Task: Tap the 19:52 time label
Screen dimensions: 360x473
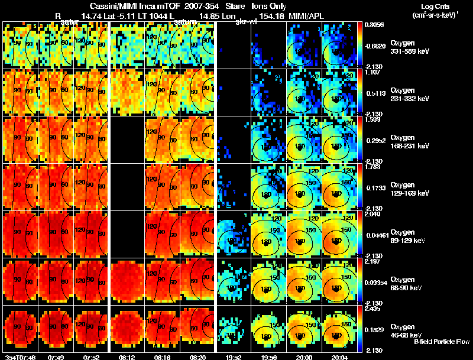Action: pos(233,356)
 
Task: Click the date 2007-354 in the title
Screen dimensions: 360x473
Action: pos(190,6)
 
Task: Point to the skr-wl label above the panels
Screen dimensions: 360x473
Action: pos(245,22)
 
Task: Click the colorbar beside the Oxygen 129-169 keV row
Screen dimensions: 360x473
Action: pos(360,186)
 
